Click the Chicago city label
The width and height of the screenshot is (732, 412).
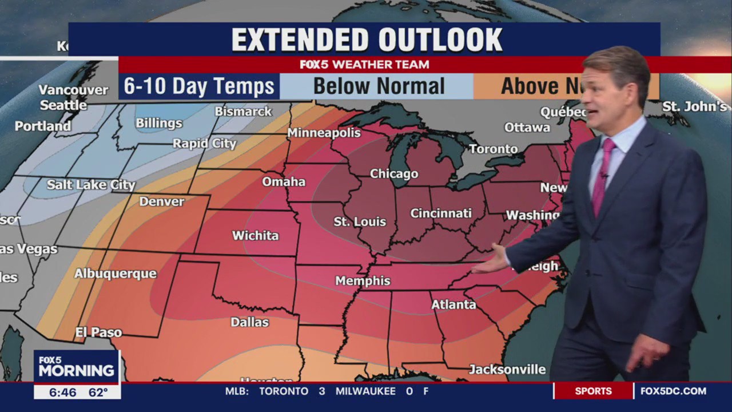pos(394,174)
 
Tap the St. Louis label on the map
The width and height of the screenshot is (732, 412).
pos(360,222)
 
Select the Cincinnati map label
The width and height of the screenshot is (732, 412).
pos(441,213)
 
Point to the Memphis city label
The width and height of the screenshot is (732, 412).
pos(363,281)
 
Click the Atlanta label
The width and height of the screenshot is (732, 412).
pos(453,304)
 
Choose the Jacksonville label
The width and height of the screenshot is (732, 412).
pos(507,370)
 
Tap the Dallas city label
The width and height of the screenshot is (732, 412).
pos(249,322)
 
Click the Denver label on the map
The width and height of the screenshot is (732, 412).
pos(162,201)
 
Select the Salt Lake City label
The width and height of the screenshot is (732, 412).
pos(91,185)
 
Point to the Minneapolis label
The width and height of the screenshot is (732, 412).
pos(324,133)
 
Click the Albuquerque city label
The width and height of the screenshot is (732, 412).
pos(115,274)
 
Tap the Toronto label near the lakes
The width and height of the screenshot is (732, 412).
pos(494,149)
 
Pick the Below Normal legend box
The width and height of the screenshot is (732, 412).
pos(379,86)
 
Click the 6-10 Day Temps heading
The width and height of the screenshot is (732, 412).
pos(199,86)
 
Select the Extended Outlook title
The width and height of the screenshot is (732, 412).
pos(367,39)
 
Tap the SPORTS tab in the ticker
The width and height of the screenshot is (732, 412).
pos(593,391)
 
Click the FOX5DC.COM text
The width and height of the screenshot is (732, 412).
pos(673,391)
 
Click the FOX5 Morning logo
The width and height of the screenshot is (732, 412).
pos(76,367)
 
